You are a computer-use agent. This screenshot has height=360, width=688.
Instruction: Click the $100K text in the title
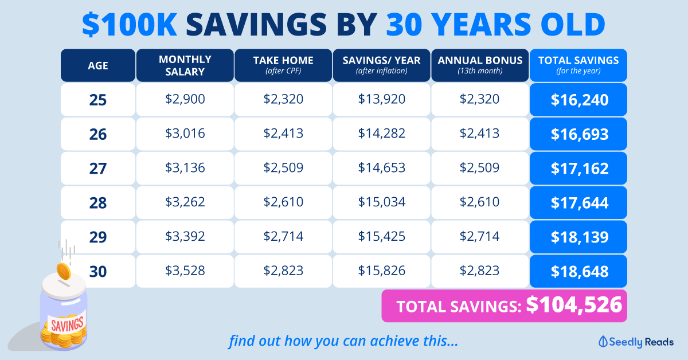(x=130, y=25)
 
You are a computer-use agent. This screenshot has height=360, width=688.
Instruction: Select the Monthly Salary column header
(x=185, y=65)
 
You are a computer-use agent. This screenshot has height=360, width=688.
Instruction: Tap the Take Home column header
(x=283, y=65)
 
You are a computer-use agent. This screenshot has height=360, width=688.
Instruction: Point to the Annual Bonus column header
(x=480, y=65)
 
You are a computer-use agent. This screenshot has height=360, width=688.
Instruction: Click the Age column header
(x=98, y=65)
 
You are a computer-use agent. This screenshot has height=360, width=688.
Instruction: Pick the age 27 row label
(x=98, y=169)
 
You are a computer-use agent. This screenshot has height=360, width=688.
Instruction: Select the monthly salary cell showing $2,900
(x=185, y=100)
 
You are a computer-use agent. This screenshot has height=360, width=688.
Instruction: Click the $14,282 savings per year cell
(x=381, y=134)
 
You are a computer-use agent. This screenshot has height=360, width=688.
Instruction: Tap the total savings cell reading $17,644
(x=578, y=203)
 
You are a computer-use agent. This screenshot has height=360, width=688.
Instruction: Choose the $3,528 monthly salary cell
(x=185, y=271)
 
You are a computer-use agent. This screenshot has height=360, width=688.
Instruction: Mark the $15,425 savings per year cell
(x=381, y=237)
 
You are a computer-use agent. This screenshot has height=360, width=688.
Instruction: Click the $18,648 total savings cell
(x=578, y=271)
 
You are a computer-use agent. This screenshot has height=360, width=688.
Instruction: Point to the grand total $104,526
(x=574, y=305)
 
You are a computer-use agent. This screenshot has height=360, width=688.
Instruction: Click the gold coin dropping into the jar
(x=64, y=271)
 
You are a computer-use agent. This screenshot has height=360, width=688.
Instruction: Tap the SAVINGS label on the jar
(x=67, y=324)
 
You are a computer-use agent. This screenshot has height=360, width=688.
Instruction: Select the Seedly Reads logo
(x=636, y=342)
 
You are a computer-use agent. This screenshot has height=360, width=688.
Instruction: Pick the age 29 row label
(x=98, y=237)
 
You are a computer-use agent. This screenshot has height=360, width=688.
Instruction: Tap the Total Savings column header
(x=578, y=65)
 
